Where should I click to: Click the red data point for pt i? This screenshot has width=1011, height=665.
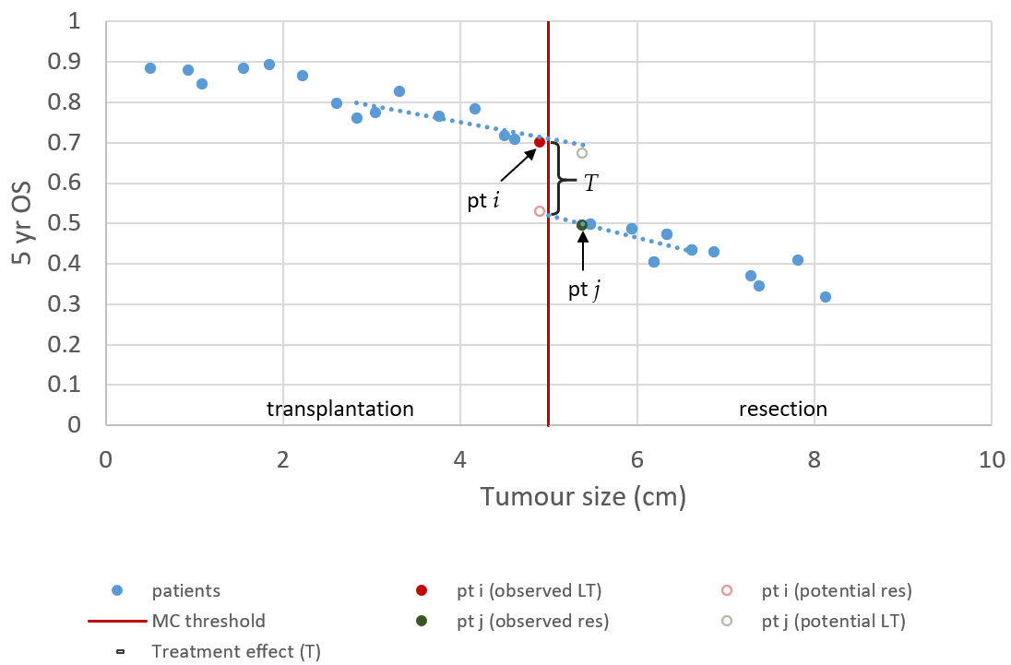tap(540, 142)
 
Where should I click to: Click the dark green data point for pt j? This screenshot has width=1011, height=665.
tap(582, 225)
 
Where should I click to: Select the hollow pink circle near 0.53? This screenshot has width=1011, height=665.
tap(540, 211)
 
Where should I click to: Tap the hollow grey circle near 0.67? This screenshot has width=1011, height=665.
tap(582, 153)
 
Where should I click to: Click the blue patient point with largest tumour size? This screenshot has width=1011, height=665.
tap(826, 297)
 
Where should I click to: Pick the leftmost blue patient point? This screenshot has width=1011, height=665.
tap(150, 68)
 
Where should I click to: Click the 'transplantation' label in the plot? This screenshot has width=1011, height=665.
tap(340, 409)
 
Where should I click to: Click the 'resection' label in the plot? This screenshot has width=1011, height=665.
tap(783, 409)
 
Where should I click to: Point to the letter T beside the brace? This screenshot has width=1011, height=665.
tap(591, 184)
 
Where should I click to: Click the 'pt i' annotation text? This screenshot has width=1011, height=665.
tap(483, 200)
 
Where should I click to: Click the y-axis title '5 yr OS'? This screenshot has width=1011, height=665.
tap(23, 222)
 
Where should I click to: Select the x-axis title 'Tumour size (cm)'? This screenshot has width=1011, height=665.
tap(583, 498)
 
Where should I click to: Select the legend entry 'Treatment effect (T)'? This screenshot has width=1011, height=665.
tap(235, 652)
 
